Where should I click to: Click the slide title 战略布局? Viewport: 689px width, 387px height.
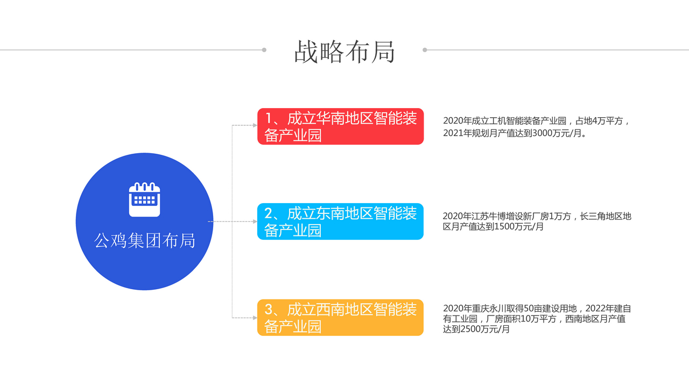pos(344,52)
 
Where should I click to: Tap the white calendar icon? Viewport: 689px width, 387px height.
pos(145,199)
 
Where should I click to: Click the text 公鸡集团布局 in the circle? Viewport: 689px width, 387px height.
pos(145,240)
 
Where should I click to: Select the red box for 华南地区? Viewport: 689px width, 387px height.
pos(341,126)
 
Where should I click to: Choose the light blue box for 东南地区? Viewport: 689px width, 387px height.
pos(341,221)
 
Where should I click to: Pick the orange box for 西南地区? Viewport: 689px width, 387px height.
pos(341,318)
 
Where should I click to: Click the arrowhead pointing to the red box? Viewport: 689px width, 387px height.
pos(255,125)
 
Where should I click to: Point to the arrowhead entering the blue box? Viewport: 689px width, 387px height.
pos(255,221)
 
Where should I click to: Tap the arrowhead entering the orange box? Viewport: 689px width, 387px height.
pos(255,318)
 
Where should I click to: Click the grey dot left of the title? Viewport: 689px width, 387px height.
pos(264,50)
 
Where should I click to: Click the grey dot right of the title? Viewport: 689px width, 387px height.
pos(425,50)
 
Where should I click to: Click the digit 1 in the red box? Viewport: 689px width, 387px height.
pos(268,118)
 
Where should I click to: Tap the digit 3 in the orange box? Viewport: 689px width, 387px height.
pos(269,310)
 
